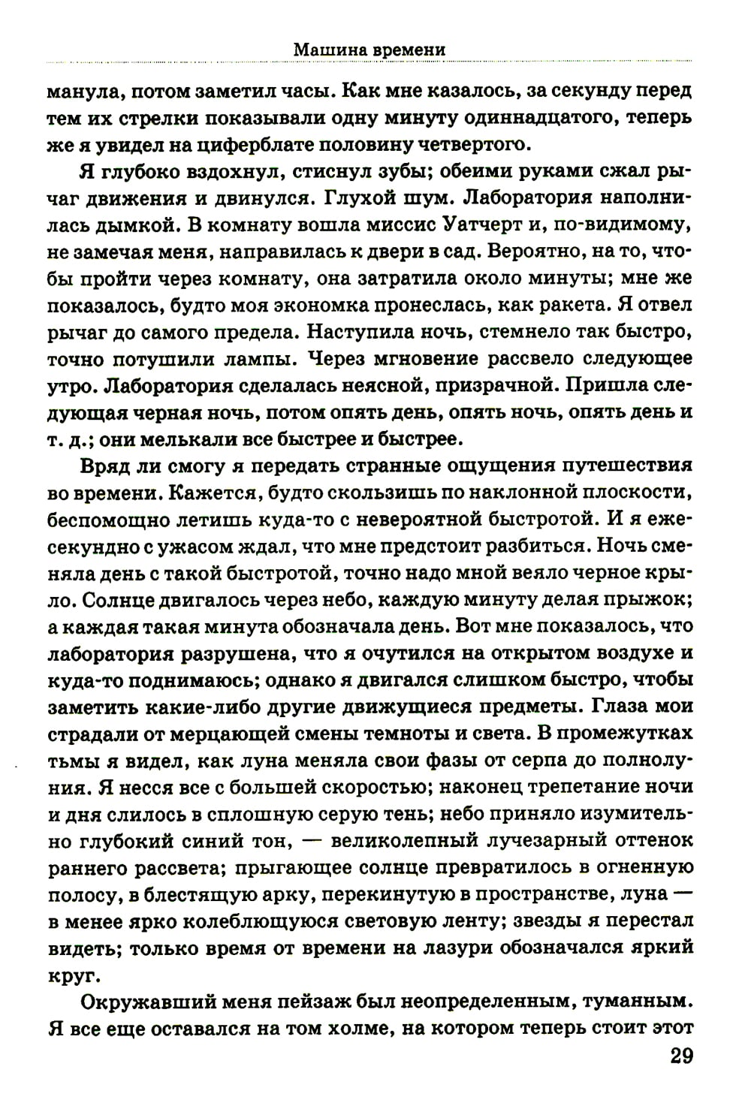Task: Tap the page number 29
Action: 680,1056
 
